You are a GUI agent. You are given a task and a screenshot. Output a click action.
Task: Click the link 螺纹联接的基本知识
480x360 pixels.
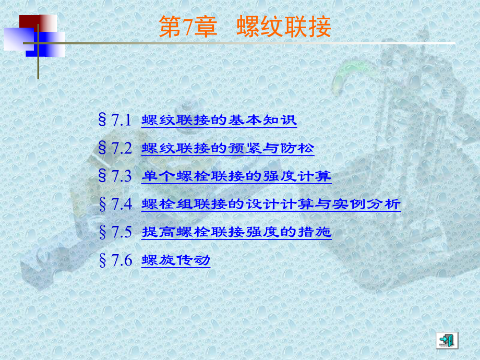pos(219,121)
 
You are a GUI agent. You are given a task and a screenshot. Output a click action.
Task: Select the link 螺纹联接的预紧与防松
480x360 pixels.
pos(227,148)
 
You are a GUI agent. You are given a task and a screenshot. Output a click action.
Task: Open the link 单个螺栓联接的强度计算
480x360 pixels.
pos(236,176)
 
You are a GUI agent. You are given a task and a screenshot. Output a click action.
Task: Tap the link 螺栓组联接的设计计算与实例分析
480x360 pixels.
pos(271,203)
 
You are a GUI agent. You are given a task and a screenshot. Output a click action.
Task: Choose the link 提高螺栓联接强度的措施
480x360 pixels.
pos(236,232)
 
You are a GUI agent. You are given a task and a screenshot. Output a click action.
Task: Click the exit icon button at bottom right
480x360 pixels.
pos(447,340)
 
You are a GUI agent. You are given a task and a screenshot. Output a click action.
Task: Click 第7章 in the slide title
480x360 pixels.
pos(187,27)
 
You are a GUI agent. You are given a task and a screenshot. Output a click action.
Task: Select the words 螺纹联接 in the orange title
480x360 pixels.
pos(283,27)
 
